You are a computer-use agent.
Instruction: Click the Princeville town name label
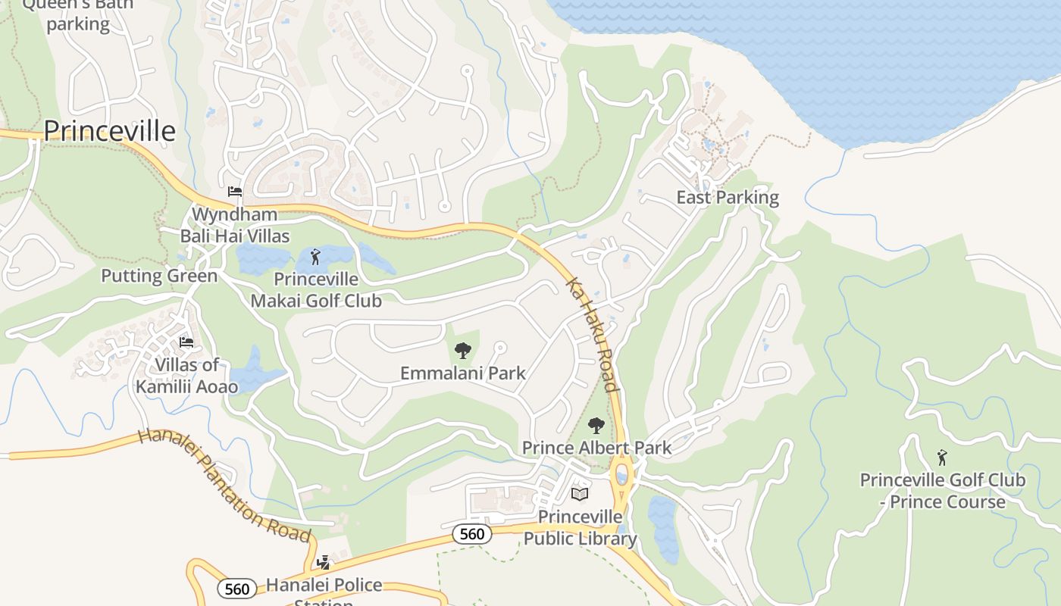coord(109,131)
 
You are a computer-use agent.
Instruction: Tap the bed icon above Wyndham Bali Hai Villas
coord(235,192)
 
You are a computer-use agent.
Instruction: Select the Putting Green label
coord(159,276)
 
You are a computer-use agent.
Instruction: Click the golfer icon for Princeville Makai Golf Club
coord(316,257)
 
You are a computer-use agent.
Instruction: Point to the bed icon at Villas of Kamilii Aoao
coord(186,342)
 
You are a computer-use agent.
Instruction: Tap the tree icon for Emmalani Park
coord(462,351)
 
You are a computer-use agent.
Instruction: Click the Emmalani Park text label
coord(462,373)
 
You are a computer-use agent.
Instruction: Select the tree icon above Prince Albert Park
coord(596,426)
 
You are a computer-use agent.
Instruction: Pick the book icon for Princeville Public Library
coord(580,495)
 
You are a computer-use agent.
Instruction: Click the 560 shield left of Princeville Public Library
coord(471,534)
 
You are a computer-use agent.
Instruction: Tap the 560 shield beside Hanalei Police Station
coord(236,589)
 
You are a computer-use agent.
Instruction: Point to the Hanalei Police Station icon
coord(324,563)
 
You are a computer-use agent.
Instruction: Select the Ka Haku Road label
coord(593,333)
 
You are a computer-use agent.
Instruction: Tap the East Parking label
coord(728,198)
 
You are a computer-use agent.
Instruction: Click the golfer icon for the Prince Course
coord(942,458)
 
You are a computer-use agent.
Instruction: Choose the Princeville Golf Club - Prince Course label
coord(942,491)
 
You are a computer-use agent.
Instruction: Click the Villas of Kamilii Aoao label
coord(186,376)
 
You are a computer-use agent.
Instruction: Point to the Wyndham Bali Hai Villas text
coord(235,225)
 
